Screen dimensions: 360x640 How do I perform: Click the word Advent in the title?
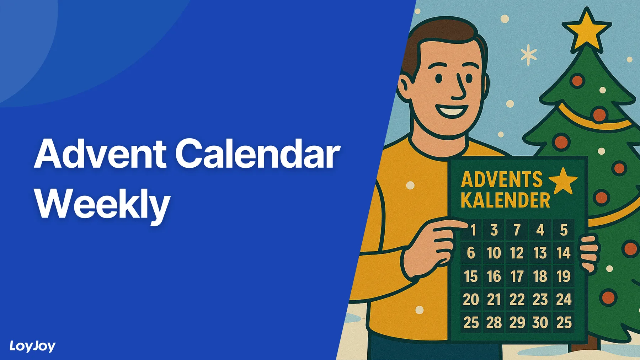(100, 154)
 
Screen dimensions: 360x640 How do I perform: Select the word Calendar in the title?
(257, 154)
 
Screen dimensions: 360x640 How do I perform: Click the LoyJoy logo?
(32, 346)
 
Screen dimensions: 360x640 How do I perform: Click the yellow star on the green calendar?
(563, 180)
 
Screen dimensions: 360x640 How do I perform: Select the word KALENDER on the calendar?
(505, 200)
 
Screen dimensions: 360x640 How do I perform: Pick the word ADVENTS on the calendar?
(502, 179)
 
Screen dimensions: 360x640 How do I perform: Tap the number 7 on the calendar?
(517, 230)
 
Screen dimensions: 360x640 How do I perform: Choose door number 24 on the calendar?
(564, 299)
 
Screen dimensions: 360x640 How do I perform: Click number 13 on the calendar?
(540, 253)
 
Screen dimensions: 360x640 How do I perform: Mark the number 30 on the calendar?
(540, 323)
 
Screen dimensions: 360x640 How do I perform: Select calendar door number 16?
(494, 276)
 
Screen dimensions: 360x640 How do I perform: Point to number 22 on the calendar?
(517, 299)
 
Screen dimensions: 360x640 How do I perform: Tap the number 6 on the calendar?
(471, 253)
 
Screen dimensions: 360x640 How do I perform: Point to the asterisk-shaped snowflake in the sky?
(529, 55)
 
